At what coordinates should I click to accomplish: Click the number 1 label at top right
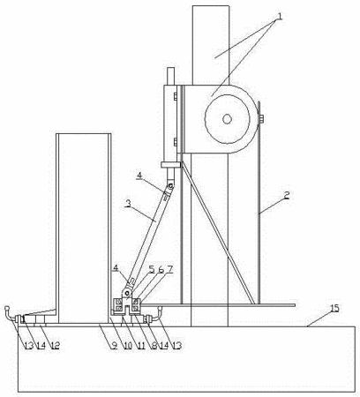[280, 16]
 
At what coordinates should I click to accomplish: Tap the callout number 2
[287, 196]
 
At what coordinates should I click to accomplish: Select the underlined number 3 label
[128, 203]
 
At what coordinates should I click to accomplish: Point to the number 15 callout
[334, 309]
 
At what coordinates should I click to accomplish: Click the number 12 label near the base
[55, 346]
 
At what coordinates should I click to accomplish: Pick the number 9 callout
[114, 346]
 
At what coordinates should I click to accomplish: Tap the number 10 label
[127, 346]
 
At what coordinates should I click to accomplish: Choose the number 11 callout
[141, 346]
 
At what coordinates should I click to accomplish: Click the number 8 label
[154, 346]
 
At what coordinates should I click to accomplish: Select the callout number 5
[152, 269]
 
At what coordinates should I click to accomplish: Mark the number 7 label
[169, 269]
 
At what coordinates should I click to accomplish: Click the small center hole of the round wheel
[227, 119]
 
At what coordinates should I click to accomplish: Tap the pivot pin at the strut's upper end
[170, 186]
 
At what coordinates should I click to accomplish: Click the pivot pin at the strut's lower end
[127, 293]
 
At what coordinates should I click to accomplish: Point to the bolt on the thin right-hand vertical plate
[261, 119]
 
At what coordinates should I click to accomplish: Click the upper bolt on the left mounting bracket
[176, 96]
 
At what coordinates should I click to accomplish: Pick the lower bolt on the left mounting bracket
[176, 141]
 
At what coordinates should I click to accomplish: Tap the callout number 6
[161, 269]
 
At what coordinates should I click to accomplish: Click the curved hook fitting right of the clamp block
[159, 313]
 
